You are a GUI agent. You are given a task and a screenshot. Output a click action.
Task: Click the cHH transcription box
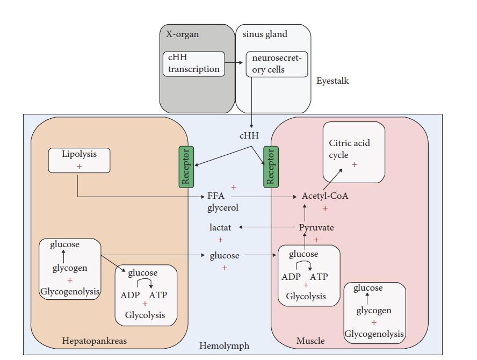pos(193,64)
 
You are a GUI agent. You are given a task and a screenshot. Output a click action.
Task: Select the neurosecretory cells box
pos(277,64)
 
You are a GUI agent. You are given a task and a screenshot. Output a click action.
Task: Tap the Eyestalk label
pos(333,81)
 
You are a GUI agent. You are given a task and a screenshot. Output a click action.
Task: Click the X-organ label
pos(182,34)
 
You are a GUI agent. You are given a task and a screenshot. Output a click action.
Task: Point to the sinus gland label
pos(264,34)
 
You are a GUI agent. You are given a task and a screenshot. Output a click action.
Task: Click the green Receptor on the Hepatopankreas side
pos(186,167)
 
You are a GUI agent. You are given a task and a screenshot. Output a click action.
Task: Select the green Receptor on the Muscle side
pos(271,167)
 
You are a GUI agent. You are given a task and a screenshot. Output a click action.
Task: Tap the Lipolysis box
pos(79,160)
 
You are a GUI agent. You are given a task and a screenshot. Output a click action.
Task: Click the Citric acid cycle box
pos(353,152)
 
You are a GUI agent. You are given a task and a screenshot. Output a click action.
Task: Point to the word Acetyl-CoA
pos(325,196)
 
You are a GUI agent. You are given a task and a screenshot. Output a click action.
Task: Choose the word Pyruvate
pos(316,228)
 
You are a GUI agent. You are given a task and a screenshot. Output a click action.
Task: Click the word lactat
pos(220,228)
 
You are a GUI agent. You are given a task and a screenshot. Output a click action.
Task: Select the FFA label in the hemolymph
pos(216,196)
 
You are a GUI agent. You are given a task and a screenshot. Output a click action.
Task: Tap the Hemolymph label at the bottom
pos(224,346)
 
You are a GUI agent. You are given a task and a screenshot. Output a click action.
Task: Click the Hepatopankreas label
pos(95,341)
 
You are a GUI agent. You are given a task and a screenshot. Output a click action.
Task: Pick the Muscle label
pos(310,341)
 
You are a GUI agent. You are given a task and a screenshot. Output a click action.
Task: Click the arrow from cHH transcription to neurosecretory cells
pos(234,63)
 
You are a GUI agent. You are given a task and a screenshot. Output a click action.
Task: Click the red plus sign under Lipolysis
pos(79,167)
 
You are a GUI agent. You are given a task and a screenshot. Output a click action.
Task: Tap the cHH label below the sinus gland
pos(249,136)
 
